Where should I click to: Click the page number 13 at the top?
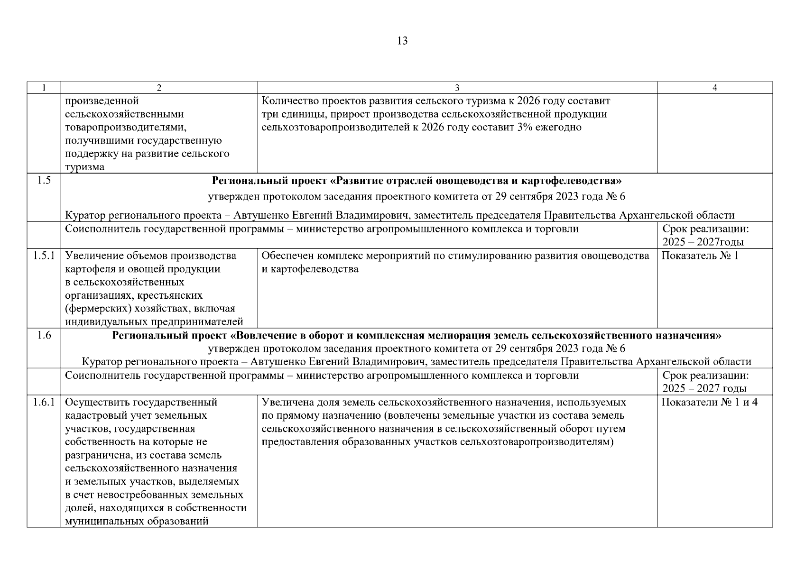tap(402, 41)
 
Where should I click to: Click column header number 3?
tap(457, 88)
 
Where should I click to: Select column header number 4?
tap(714, 88)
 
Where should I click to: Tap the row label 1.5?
tap(44, 181)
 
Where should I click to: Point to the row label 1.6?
tap(44, 336)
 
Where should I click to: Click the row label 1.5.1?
tap(44, 256)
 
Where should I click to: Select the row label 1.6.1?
tap(44, 402)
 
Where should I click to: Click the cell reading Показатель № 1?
tap(700, 256)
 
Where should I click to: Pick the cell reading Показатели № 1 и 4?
tap(709, 402)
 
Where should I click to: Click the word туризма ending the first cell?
tap(85, 167)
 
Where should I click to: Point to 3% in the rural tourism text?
tap(521, 127)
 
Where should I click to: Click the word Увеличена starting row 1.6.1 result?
tap(284, 402)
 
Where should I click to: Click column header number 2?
tap(159, 88)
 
